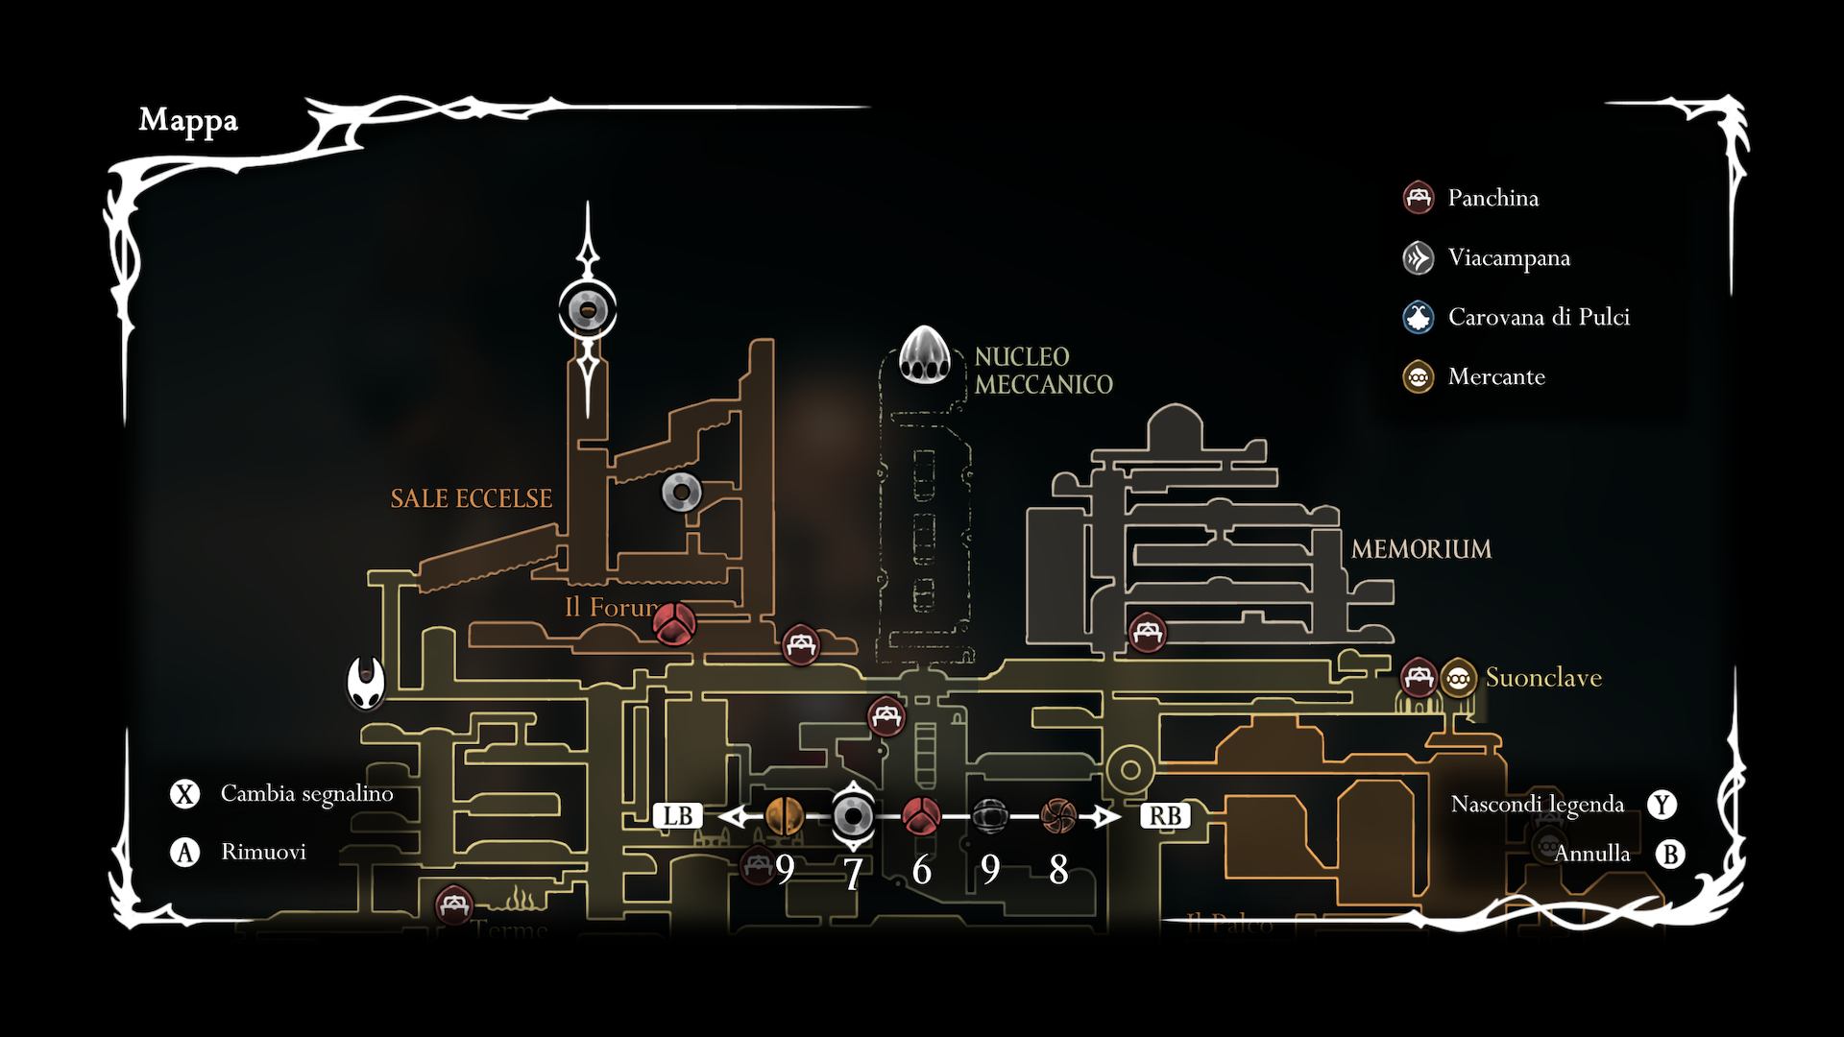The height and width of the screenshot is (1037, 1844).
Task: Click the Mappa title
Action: (x=188, y=121)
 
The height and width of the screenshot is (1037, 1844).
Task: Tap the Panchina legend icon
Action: (x=1419, y=198)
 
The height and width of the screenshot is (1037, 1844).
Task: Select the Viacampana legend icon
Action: (x=1419, y=257)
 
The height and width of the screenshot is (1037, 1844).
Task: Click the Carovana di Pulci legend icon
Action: (x=1419, y=317)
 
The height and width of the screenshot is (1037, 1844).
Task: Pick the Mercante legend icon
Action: (x=1419, y=376)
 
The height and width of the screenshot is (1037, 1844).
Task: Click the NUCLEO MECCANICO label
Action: (x=1043, y=371)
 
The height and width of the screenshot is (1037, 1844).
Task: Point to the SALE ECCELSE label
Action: (x=471, y=498)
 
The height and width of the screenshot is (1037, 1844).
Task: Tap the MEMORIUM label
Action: (x=1420, y=549)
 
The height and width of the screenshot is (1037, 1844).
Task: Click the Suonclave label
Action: (x=1542, y=678)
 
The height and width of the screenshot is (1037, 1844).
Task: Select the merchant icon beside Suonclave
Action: (x=1458, y=678)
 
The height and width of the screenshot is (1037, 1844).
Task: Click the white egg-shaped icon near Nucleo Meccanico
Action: (x=924, y=355)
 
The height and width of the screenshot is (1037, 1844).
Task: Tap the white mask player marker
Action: (x=365, y=682)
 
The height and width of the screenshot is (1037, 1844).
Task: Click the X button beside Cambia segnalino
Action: (x=184, y=794)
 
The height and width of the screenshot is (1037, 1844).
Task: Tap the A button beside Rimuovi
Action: (x=184, y=852)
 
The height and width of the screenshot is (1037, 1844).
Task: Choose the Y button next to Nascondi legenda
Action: (x=1662, y=805)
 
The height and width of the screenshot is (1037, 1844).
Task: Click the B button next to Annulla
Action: (x=1670, y=854)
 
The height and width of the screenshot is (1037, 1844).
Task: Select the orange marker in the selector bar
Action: (x=785, y=816)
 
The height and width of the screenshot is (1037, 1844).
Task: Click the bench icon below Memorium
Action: (x=1147, y=632)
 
